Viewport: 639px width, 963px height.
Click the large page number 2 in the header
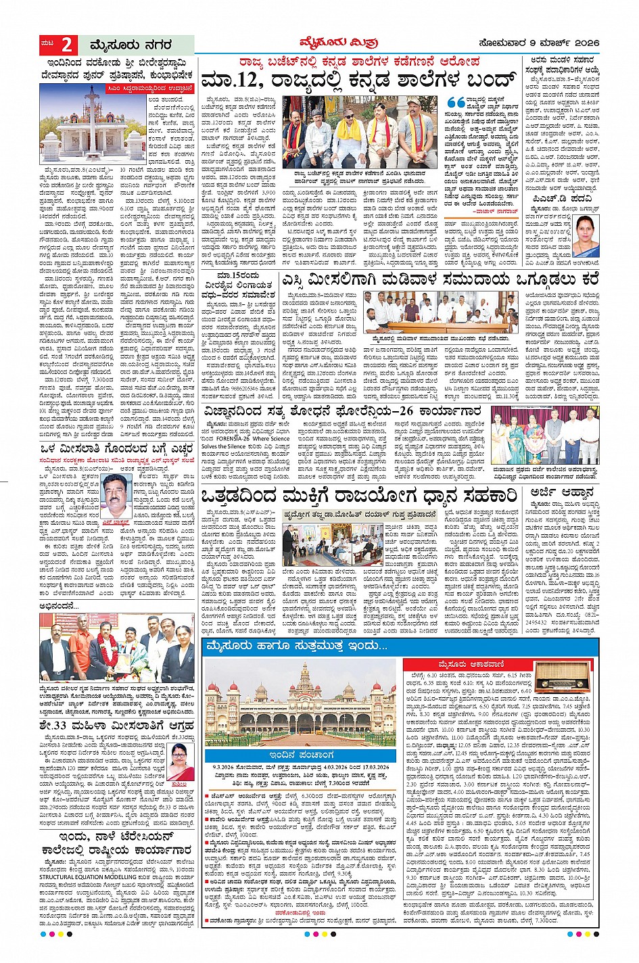click(x=66, y=45)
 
